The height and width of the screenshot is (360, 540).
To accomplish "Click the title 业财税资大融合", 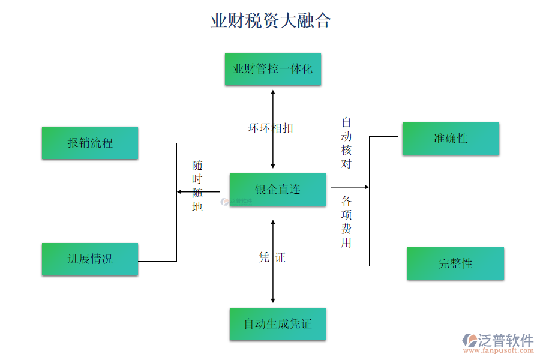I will [271, 21].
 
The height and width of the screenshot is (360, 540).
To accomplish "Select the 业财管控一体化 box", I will [273, 69].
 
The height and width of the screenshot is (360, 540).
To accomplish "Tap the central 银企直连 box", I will [278, 190].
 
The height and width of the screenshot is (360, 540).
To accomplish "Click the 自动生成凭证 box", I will [278, 324].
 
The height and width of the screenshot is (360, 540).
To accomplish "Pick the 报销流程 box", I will [90, 143].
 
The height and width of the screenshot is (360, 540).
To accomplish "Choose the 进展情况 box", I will [90, 259].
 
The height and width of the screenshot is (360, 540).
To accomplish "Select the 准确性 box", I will [451, 139].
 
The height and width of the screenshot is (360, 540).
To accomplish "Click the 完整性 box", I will [455, 263].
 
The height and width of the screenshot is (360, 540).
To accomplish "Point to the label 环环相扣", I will [271, 128].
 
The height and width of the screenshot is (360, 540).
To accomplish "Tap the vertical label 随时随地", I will [197, 185].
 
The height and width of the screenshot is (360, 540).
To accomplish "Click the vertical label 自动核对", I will [347, 143].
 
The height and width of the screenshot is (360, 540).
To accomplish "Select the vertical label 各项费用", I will [347, 221].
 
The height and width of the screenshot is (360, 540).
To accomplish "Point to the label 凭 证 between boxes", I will [272, 257].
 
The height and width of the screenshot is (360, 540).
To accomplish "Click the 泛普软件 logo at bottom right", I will [498, 341].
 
